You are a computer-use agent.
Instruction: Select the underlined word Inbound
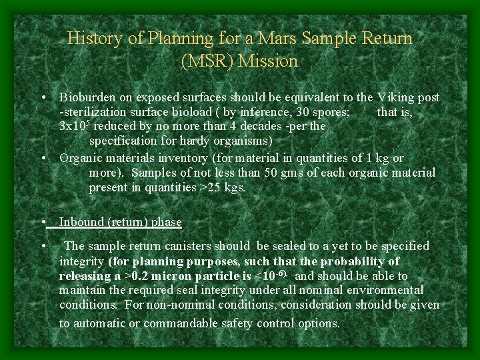[82, 222]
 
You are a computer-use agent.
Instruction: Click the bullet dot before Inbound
[43, 222]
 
